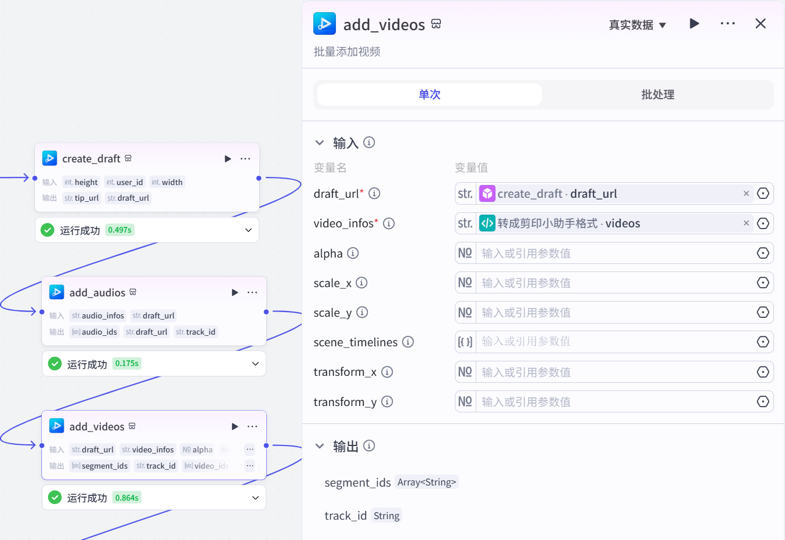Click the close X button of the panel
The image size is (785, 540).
pos(760,24)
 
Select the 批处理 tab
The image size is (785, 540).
pos(657,95)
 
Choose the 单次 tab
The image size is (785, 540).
pos(429,95)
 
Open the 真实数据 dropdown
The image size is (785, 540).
pos(637,25)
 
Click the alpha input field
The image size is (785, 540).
pos(615,253)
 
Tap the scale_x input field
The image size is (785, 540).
pos(615,283)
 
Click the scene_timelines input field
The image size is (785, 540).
pos(615,342)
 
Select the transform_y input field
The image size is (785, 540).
pos(615,401)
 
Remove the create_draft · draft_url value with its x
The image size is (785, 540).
pos(746,194)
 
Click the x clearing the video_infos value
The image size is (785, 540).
pos(746,223)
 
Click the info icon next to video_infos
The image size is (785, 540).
pos(389,223)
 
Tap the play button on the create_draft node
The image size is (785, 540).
pos(228,159)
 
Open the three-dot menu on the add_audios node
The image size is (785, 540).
pos(252,292)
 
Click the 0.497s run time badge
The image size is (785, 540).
pos(120,230)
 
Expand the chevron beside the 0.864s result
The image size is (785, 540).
pos(255,498)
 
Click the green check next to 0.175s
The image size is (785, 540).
pos(55,364)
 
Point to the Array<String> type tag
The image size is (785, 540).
pos(426,482)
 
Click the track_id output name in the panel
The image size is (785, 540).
pos(345,516)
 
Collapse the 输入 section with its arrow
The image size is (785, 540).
pos(320,143)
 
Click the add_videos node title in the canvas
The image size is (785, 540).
pos(97,427)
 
